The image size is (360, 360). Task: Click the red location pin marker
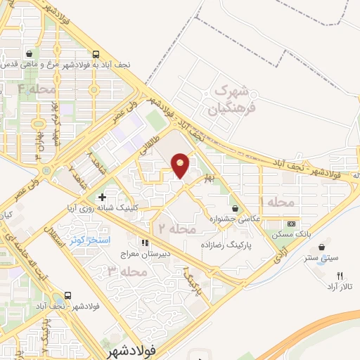(x=181, y=165)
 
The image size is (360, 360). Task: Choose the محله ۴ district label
(x=37, y=89)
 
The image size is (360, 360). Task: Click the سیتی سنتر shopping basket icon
(x=323, y=247)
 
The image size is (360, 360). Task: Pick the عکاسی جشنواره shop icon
(x=236, y=208)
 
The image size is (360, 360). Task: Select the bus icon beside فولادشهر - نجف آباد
(x=68, y=295)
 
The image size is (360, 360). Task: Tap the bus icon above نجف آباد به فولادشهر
(x=96, y=53)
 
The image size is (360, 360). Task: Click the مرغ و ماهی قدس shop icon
(x=28, y=53)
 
